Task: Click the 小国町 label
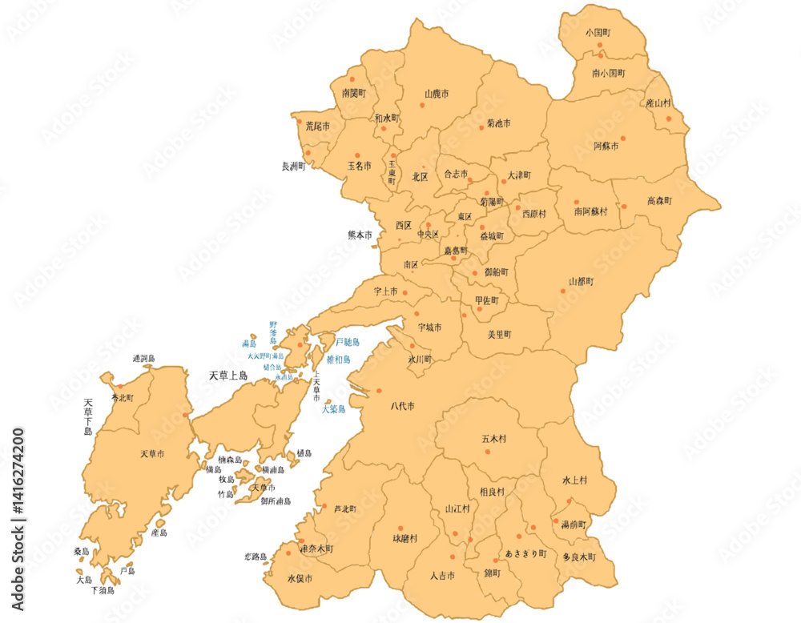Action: [x=598, y=33]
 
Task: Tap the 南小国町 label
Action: [x=609, y=73]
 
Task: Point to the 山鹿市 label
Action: [x=436, y=94]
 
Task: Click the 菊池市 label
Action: [x=498, y=124]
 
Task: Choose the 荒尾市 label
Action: [x=317, y=127]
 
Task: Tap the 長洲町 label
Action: [x=294, y=167]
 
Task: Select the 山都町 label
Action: [x=581, y=282]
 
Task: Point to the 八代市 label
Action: [x=402, y=407]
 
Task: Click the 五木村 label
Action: [x=494, y=439]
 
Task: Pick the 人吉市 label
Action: [x=442, y=576]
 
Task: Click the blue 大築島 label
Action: [x=333, y=409]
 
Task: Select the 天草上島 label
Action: [x=228, y=375]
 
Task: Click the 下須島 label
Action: [x=103, y=590]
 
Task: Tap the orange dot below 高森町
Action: [x=624, y=207]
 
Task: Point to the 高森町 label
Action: [x=659, y=201]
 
